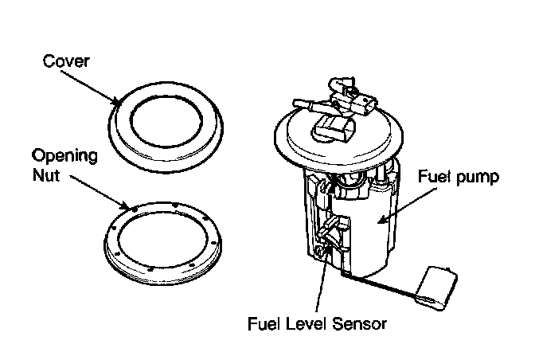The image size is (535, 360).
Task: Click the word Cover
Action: [x=66, y=61]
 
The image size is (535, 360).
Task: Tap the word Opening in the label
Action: [x=64, y=157]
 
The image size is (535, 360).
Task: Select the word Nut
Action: [x=46, y=175]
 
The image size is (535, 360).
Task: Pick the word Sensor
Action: [x=359, y=324]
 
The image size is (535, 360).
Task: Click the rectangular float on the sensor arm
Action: [x=436, y=288]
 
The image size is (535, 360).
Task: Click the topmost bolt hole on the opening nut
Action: [x=175, y=205]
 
